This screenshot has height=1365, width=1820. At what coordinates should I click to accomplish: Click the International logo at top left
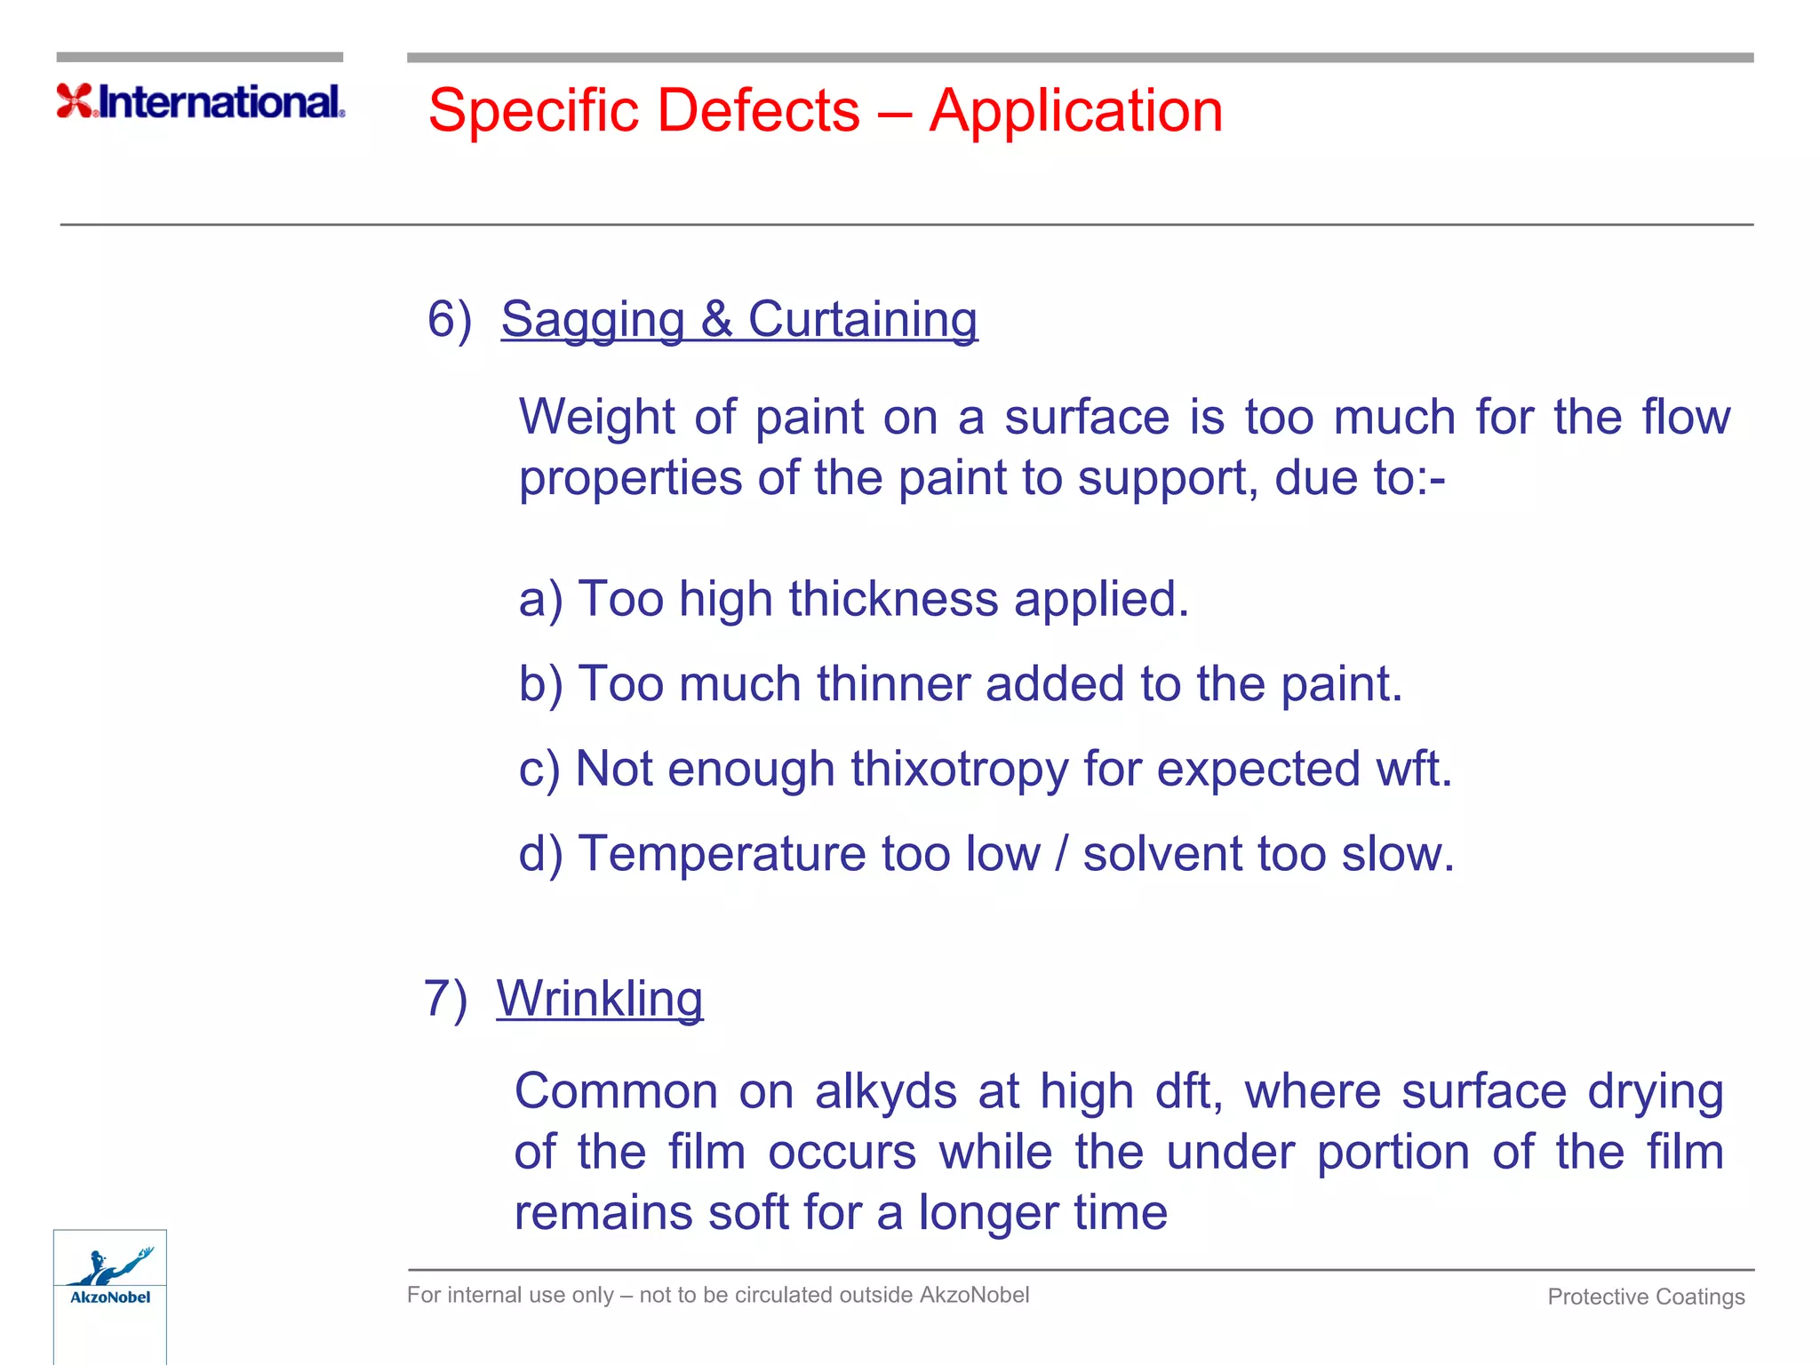coord(201,101)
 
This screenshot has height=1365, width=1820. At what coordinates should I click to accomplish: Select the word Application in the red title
coord(1075,112)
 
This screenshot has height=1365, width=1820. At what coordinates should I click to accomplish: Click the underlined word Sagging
coord(592,320)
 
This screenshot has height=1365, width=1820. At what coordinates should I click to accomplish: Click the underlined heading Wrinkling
coord(599,999)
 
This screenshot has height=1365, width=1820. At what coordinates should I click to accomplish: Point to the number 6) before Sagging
coord(449,319)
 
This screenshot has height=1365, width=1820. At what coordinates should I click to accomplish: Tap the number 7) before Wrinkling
coord(445,998)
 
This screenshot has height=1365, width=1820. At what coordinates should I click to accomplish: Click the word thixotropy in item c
coord(960,770)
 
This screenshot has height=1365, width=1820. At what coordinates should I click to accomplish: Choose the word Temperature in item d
coord(722,854)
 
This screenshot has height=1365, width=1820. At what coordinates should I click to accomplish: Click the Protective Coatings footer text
coord(1646,1297)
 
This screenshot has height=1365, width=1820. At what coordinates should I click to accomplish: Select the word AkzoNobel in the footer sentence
coord(974,1295)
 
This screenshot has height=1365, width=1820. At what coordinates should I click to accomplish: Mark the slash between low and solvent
coord(1061,854)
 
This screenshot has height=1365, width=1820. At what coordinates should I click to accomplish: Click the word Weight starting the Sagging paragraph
coord(597,417)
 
